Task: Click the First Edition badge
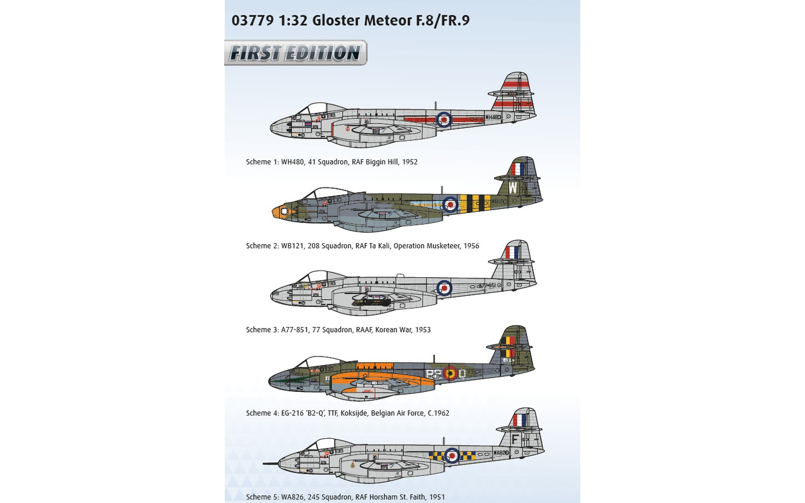point(295,53)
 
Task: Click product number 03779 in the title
point(252,21)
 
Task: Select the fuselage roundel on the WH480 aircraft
point(444,119)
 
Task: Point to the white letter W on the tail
point(513,188)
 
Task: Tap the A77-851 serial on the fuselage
point(487,286)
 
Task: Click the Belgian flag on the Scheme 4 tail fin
point(508,347)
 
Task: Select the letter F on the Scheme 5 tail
point(515,439)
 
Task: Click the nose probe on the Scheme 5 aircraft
point(271,463)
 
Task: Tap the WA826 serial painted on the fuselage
point(501,453)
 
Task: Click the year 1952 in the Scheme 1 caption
point(410,162)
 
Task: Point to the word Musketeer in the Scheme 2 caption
point(443,246)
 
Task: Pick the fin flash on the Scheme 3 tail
point(512,253)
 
